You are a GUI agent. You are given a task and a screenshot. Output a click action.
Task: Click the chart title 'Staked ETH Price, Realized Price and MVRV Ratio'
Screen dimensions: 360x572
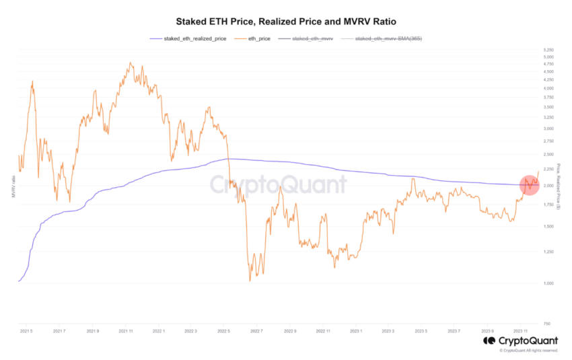(x=285, y=22)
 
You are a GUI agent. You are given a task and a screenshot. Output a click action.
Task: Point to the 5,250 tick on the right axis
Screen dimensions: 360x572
(x=548, y=50)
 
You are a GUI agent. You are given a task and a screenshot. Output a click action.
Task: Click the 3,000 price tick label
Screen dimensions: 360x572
(x=548, y=129)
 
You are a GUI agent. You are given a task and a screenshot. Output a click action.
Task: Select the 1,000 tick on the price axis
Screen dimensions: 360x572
(x=548, y=283)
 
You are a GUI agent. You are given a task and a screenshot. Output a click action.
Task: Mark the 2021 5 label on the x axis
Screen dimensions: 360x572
(x=26, y=331)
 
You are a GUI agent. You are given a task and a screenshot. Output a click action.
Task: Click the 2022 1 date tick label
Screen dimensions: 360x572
(x=158, y=331)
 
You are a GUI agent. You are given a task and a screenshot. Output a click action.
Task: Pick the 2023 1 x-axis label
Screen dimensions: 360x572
(x=355, y=331)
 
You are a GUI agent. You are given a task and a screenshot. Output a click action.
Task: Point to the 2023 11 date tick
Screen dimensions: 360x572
(x=521, y=331)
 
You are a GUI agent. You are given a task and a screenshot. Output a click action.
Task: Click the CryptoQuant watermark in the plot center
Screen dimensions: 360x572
(x=278, y=184)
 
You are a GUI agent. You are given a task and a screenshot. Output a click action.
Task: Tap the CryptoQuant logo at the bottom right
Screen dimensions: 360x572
(x=522, y=341)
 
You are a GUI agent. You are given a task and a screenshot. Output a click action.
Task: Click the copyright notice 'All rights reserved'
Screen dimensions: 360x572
(x=529, y=351)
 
